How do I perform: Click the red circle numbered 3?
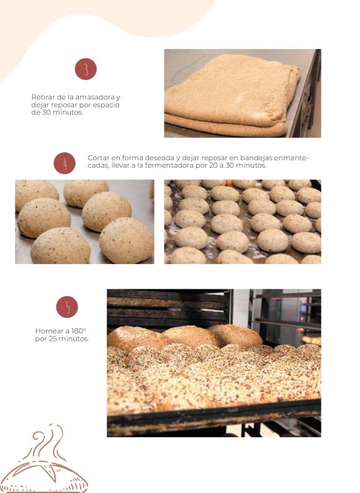86,69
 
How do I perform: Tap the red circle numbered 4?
65,163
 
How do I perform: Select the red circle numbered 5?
67,307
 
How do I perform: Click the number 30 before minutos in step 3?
46,112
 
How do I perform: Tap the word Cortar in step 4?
98,158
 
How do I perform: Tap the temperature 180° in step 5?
79,331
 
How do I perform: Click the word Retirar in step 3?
42,97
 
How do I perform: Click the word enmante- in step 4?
292,158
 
